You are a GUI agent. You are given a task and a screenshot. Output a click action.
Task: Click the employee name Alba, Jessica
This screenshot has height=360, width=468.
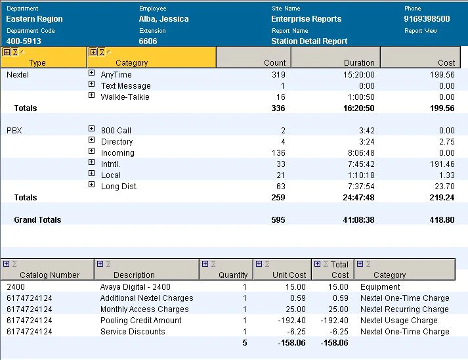(x=163, y=19)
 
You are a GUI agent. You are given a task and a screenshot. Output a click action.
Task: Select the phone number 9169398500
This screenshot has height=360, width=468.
(x=427, y=19)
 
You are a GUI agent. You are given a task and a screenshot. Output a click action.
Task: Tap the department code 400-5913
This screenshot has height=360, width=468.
(x=24, y=41)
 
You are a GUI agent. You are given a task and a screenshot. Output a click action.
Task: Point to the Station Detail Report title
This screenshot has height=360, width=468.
(x=309, y=41)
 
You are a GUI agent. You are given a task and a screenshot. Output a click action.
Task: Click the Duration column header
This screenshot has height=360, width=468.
(x=359, y=63)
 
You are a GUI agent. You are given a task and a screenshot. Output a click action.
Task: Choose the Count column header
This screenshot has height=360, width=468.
(x=274, y=63)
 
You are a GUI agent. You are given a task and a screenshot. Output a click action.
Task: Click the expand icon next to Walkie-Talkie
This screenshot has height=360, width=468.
(x=92, y=95)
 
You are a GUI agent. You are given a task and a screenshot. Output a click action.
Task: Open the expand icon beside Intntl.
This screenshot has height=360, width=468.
(x=92, y=162)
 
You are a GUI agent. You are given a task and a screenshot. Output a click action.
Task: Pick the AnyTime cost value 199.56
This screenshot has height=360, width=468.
(x=442, y=75)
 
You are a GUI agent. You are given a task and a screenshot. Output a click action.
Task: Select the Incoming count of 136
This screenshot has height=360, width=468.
(x=278, y=153)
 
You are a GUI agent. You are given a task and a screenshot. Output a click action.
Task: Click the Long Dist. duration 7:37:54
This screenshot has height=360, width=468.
(x=361, y=187)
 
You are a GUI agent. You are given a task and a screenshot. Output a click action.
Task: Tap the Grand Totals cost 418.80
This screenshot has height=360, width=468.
(x=442, y=220)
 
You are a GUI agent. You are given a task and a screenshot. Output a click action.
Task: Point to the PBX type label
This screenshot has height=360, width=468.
(x=14, y=131)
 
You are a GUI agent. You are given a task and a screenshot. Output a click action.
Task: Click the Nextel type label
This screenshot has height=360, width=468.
(x=18, y=75)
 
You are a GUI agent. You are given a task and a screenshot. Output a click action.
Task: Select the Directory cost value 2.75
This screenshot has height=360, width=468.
(x=447, y=142)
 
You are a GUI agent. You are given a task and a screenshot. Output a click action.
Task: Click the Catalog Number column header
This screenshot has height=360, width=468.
(x=49, y=275)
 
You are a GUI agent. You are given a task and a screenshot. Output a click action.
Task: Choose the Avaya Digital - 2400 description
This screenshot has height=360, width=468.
(x=135, y=287)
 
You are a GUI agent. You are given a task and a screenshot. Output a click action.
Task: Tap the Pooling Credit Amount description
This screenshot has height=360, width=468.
(x=141, y=321)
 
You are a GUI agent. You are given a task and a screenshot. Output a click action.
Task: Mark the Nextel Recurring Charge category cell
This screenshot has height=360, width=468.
(x=404, y=309)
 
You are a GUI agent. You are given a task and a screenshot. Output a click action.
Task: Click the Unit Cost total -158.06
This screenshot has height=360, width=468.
(x=291, y=343)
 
